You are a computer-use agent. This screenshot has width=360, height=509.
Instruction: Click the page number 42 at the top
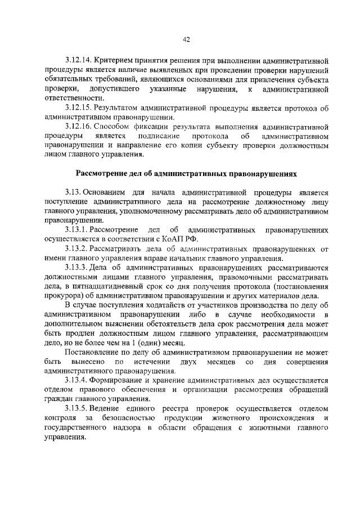[x=187, y=39]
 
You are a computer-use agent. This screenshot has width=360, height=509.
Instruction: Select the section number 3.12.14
[x=78, y=60]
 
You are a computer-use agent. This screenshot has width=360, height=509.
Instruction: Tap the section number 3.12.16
[x=78, y=126]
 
